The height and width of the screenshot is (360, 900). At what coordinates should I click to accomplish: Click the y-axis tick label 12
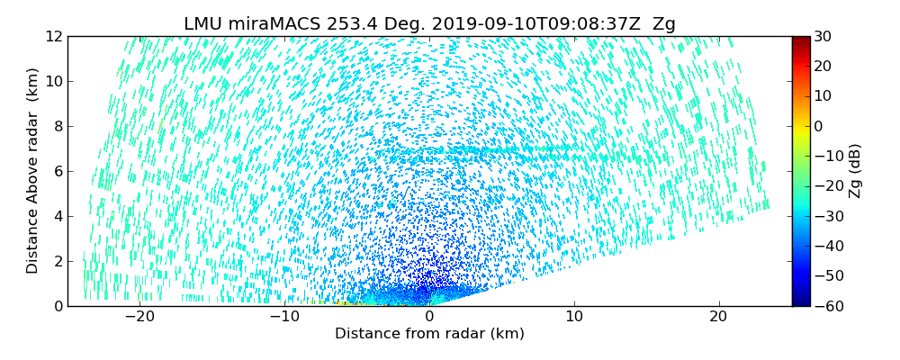[53, 37]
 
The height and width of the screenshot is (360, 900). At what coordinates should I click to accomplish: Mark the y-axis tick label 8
[57, 127]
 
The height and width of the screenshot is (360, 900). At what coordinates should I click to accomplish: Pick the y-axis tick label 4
[57, 217]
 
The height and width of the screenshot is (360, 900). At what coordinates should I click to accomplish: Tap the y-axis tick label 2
[57, 262]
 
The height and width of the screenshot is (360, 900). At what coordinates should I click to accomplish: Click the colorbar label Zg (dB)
[855, 171]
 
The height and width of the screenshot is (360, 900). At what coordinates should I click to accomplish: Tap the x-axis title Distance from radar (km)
[429, 334]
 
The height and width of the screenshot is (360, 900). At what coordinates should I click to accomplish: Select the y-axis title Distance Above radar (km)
[32, 171]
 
